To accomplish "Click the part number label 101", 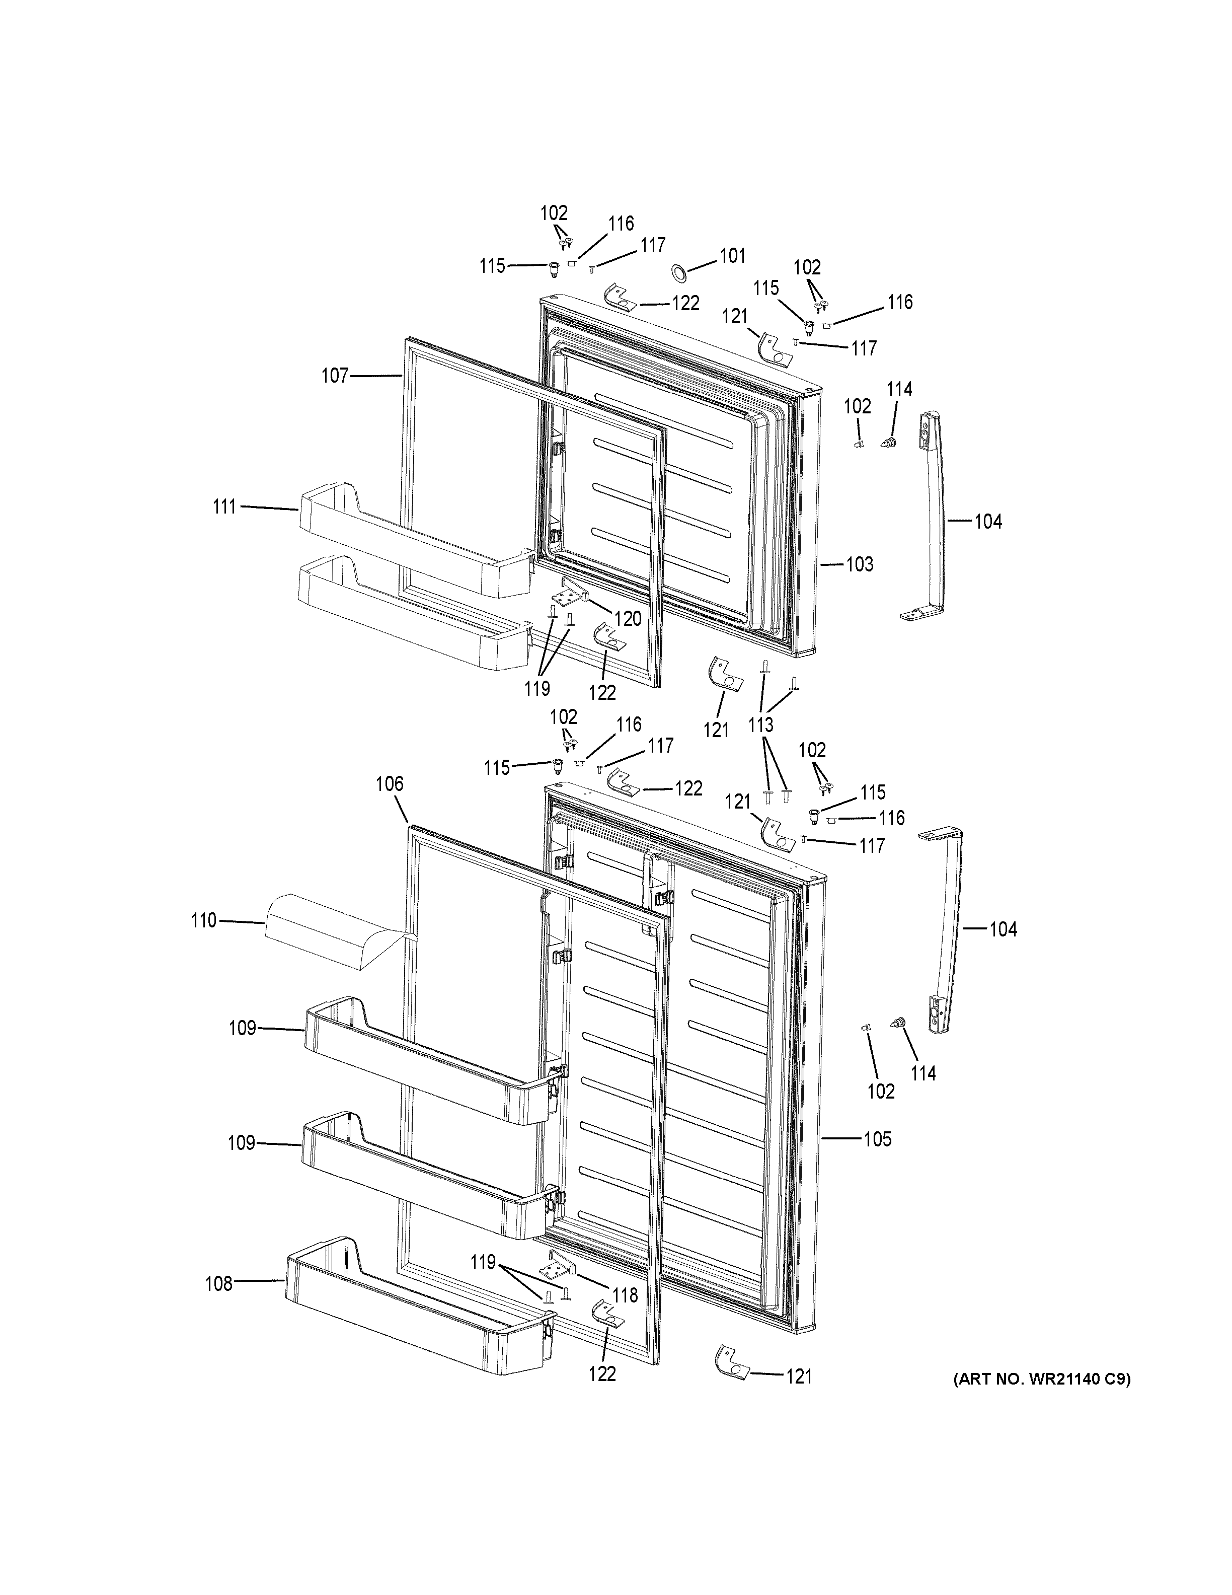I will tap(732, 256).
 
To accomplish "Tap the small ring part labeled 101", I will tap(679, 274).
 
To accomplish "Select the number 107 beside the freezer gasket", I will tap(335, 376).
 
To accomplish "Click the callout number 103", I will tap(859, 564).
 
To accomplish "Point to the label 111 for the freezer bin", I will tap(224, 506).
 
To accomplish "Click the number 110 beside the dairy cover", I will tap(204, 921).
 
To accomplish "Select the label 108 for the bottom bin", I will tap(218, 1283).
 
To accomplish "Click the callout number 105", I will tap(877, 1139).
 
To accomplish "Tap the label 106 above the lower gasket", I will tap(389, 784).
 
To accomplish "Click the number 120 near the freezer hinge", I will tap(627, 619).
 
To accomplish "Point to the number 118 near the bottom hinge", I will tap(625, 1295).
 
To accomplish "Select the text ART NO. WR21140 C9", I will tap(1041, 1380).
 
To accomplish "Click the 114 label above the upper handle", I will tap(899, 389).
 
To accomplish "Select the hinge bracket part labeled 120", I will tap(576, 590).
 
